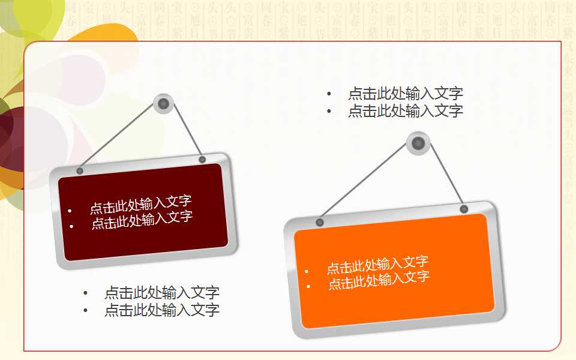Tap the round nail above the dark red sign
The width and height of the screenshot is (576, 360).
pyautogui.click(x=163, y=104)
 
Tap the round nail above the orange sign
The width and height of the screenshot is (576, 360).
pyautogui.click(x=418, y=143)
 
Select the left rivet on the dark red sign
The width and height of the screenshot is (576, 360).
pyautogui.click(x=80, y=171)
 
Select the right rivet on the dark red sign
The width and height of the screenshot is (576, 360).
pyautogui.click(x=202, y=160)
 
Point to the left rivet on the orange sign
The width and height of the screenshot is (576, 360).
pyautogui.click(x=320, y=223)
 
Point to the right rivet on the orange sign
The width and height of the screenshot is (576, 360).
pyautogui.click(x=464, y=209)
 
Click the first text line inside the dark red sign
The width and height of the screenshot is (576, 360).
pyautogui.click(x=140, y=205)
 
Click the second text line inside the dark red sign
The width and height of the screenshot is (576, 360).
pyautogui.click(x=142, y=220)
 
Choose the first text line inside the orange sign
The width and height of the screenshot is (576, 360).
pyautogui.click(x=377, y=265)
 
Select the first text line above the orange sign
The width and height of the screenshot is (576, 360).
pyautogui.click(x=405, y=94)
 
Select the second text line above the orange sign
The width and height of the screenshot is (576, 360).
pyautogui.click(x=405, y=111)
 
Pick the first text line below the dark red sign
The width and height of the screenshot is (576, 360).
pyautogui.click(x=161, y=293)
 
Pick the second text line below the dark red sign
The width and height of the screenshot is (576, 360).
pyautogui.click(x=161, y=310)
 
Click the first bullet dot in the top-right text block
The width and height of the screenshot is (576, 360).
pyautogui.click(x=329, y=94)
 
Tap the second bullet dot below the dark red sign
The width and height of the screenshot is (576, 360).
pyautogui.click(x=86, y=311)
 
